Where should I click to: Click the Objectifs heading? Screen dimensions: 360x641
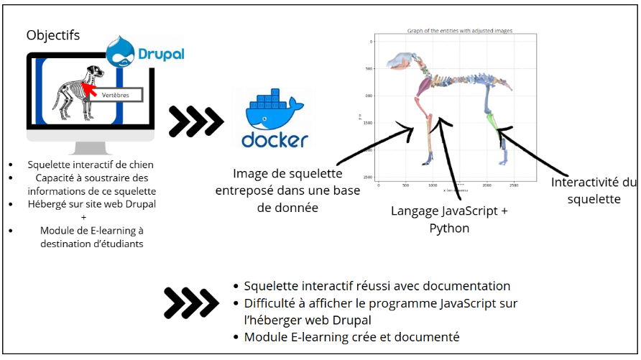point(53,35)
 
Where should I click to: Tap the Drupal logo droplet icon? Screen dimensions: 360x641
point(121,51)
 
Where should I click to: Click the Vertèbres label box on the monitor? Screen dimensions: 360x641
point(116,93)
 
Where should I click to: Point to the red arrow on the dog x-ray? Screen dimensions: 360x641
point(90,88)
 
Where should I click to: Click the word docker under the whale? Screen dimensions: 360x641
point(275,139)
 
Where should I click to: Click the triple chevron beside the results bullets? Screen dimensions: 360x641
point(188,303)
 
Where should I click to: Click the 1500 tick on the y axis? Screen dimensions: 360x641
point(367,123)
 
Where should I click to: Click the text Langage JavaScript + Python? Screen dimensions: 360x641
point(448,219)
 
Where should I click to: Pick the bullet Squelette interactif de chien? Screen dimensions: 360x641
point(91,165)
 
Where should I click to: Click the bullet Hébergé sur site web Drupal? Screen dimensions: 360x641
point(91,204)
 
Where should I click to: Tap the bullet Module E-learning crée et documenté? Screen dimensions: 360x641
point(351,336)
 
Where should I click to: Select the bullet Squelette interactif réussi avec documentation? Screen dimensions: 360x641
point(377,286)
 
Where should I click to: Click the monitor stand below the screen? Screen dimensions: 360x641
point(90,147)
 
